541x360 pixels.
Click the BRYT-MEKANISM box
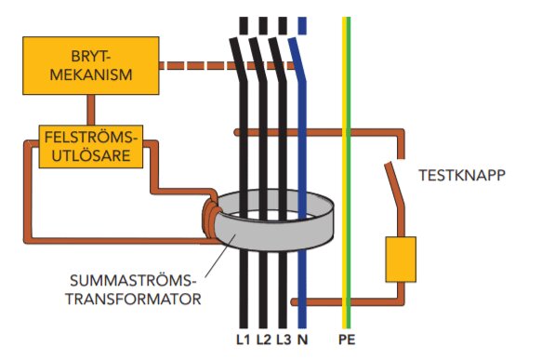[91, 65]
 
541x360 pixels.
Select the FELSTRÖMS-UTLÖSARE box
[91, 147]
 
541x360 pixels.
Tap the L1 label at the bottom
[243, 340]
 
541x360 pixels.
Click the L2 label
[264, 340]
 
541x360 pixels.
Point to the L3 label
[284, 340]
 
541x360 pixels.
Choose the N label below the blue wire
[302, 340]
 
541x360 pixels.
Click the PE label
[347, 340]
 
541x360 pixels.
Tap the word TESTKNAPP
[462, 175]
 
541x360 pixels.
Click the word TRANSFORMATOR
[134, 299]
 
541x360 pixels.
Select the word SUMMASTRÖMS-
[131, 281]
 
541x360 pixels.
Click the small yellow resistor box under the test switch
[401, 260]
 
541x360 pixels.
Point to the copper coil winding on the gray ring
[210, 218]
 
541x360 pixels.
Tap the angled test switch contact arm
[394, 185]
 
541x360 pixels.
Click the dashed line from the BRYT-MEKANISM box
[228, 65]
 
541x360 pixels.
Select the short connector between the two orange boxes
[91, 110]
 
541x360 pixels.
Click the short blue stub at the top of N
[302, 25]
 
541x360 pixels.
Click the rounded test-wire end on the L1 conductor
[237, 132]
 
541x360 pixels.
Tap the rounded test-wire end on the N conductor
[294, 302]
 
